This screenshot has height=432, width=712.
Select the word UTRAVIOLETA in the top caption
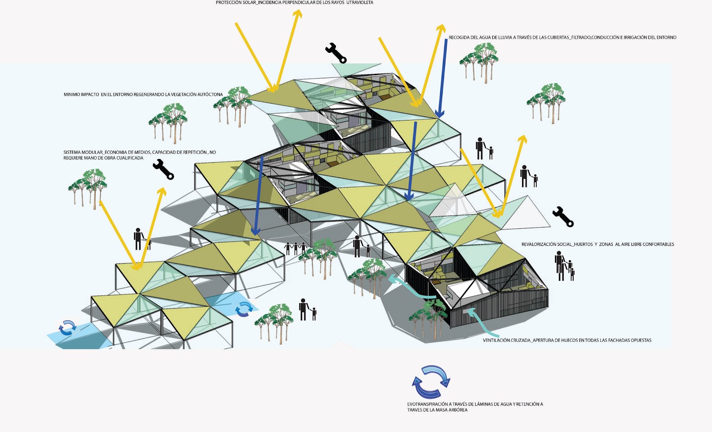[x=360, y=3]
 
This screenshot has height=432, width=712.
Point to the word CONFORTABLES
[x=658, y=244]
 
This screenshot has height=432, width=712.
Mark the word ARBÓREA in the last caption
[x=458, y=410]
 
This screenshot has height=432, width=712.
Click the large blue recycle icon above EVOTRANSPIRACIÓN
[x=431, y=381]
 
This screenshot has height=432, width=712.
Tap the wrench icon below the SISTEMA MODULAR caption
[x=163, y=169]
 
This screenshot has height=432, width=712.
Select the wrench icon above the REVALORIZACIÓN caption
[x=563, y=216]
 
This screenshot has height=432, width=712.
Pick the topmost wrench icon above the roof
[x=336, y=53]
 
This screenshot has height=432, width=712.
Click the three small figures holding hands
[x=295, y=248]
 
